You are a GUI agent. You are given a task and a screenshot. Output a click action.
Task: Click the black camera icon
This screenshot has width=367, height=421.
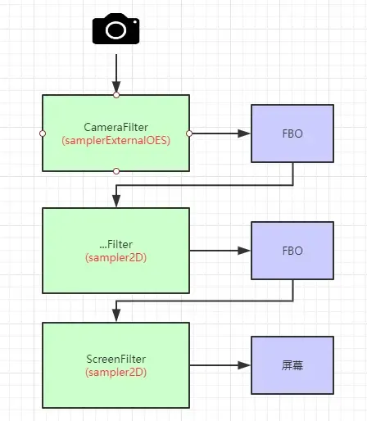coord(116,29)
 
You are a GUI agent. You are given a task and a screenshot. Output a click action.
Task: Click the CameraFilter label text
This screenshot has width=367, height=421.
coord(116,128)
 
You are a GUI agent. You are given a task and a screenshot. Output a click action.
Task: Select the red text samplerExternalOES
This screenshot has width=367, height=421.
coord(116,140)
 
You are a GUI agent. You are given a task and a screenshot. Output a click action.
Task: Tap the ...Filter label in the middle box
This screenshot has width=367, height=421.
coord(116,245)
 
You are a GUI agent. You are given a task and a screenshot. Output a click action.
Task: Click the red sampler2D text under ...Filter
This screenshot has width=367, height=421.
coord(116,257)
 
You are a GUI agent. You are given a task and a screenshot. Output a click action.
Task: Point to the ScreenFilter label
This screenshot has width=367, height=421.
coord(116,358)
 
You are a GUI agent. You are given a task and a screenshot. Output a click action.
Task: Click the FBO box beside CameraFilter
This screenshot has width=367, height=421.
coord(292,133)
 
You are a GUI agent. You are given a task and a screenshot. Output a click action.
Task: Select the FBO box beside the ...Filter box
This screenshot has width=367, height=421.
coord(292,251)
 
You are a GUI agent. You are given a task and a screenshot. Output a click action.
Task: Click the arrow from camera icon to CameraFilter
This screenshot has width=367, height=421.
coord(116,72)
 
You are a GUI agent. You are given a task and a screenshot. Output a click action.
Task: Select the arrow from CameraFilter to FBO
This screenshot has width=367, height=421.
coord(217,133)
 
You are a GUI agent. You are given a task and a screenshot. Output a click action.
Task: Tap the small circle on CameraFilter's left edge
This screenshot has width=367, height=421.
coord(42,133)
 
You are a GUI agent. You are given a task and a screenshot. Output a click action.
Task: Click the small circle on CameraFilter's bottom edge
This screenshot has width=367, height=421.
coord(116,171)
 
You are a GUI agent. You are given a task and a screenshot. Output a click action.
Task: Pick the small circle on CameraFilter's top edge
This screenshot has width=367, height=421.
coord(116,95)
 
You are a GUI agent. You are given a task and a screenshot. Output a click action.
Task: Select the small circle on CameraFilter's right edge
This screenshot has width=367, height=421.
coord(190,133)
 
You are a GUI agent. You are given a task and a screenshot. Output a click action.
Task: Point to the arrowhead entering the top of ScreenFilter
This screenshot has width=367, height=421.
coord(116,317)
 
